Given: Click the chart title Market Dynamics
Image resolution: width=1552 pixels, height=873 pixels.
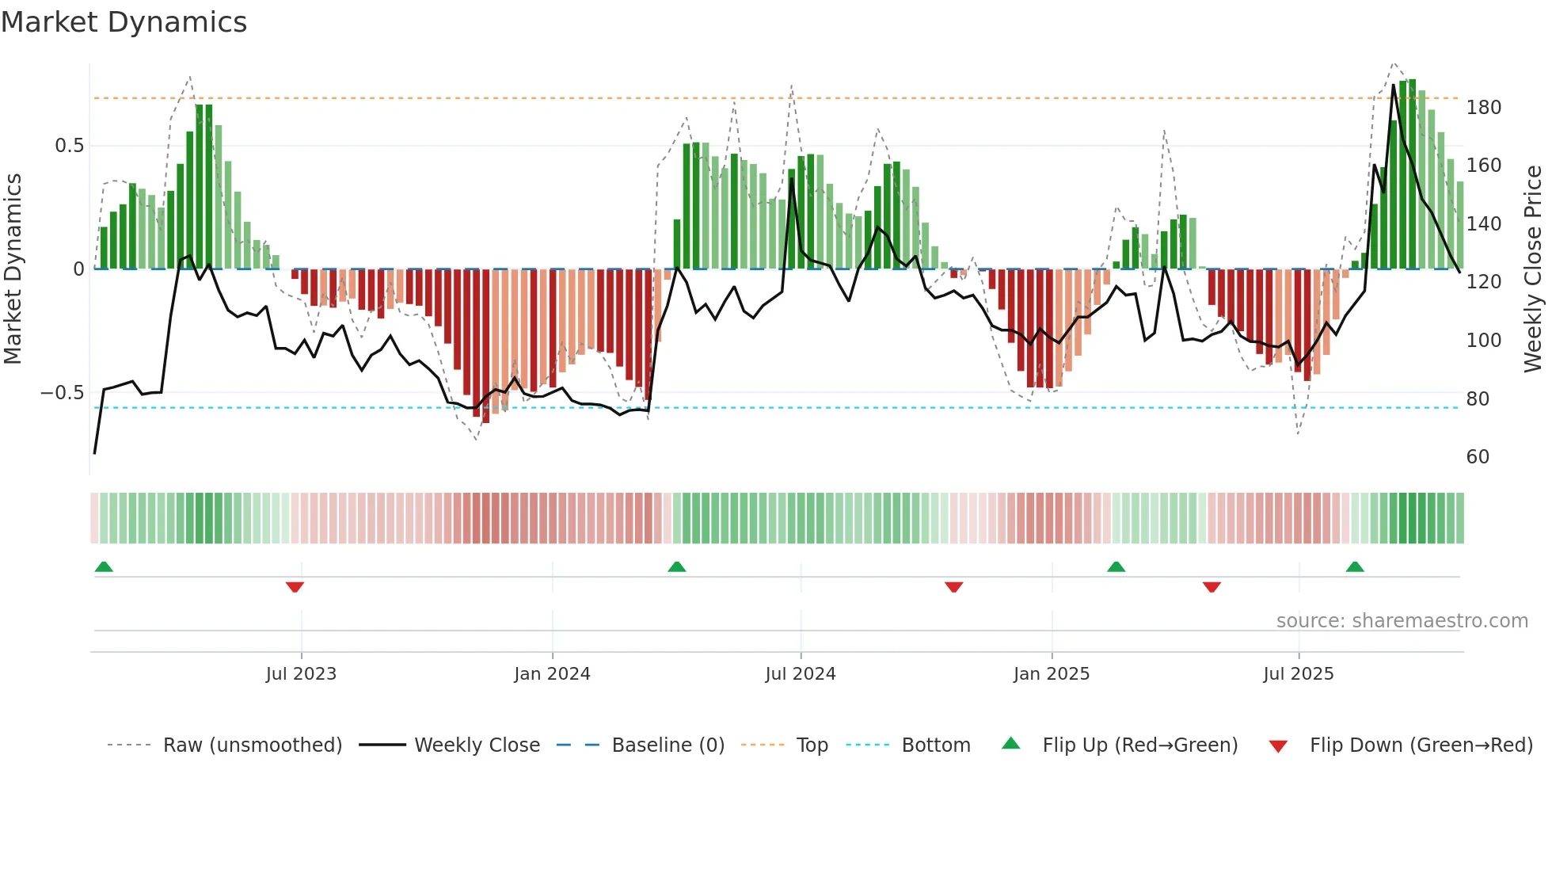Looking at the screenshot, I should coord(124,22).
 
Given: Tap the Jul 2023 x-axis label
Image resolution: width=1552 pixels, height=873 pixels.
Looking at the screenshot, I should coord(301,674).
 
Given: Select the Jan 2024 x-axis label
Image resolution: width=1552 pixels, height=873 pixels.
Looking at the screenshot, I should coord(552,674).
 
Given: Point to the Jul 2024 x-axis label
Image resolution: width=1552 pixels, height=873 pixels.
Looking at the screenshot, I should coord(800,674).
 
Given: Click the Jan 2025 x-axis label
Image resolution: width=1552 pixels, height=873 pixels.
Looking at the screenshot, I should coord(1051,674).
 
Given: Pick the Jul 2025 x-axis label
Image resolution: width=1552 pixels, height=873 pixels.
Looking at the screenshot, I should coord(1298,674).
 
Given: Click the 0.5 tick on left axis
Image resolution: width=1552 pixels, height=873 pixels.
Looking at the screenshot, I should coord(69,146).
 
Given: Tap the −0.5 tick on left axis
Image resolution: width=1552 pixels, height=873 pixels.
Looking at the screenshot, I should coord(63,393).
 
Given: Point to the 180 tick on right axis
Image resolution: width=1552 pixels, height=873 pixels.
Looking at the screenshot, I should coord(1483,108).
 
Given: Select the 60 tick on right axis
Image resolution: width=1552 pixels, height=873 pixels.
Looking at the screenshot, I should coord(1478,457).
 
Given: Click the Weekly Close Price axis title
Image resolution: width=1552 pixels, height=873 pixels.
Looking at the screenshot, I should coord(1533,269).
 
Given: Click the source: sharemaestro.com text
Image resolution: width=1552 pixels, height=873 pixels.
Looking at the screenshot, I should coord(1402,621).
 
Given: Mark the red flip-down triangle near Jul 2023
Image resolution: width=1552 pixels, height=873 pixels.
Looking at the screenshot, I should coord(295,587).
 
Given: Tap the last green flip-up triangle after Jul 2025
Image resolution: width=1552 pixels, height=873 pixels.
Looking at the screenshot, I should coord(1355,566).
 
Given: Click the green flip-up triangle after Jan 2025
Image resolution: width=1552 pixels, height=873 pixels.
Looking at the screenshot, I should coord(1116,566).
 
